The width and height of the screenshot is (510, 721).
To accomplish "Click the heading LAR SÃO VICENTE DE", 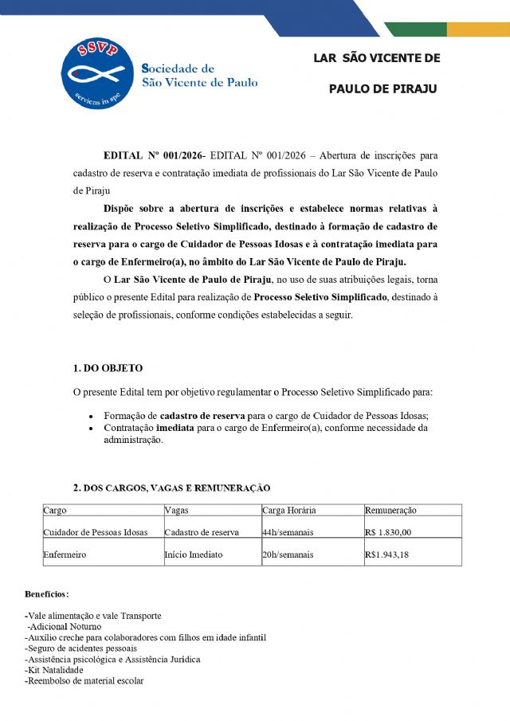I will tap(376, 58).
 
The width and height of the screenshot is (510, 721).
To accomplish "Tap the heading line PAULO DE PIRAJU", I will tap(382, 88).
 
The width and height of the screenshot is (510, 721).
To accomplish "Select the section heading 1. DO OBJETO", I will tap(108, 368).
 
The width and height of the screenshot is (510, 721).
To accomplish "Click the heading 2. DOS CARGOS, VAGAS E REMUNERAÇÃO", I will tap(171, 488).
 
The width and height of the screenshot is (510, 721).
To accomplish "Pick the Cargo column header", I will tap(55, 510).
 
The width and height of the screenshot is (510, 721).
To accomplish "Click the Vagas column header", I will tap(176, 510).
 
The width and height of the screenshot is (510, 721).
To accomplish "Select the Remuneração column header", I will tap(390, 510).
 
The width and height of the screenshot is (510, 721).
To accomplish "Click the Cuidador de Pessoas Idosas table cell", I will tap(95, 532).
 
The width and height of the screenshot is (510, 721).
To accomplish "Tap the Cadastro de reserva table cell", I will tap(202, 532).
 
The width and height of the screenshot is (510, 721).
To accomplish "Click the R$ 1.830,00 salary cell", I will tap(388, 532).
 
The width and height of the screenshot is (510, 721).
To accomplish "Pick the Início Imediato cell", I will tap(194, 554).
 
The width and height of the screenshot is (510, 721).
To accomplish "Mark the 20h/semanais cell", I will tap(288, 554).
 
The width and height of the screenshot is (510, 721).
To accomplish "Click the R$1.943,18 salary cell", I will tap(386, 554).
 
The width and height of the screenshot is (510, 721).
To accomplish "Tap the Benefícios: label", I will tap(47, 594).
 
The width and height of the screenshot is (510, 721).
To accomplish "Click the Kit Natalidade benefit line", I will tap(54, 670).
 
